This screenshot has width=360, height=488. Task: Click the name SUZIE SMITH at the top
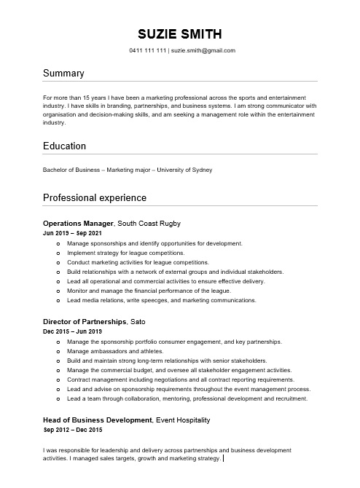coord(179,34)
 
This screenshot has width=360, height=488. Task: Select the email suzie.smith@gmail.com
coord(203,51)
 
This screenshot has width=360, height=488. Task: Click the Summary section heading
coord(63,74)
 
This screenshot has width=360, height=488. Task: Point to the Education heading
coord(65,146)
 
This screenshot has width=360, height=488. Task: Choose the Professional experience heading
coord(95,198)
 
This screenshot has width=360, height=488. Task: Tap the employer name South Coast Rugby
coord(149,222)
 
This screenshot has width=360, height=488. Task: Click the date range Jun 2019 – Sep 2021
coord(72,233)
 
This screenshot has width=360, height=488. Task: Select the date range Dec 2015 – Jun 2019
coord(72,332)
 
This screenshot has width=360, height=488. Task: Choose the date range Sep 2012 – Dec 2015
coord(72,431)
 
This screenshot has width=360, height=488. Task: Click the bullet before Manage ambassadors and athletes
coord(58,351)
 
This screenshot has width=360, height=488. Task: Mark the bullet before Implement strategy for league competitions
coord(58,253)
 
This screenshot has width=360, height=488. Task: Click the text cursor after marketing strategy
coord(223,460)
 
